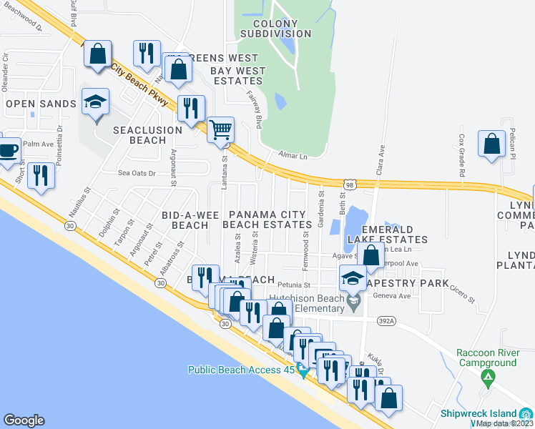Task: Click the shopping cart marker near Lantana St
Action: [x=221, y=130]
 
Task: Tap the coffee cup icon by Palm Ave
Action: [x=9, y=150]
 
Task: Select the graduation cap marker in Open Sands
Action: [x=95, y=103]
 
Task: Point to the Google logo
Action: [x=24, y=420]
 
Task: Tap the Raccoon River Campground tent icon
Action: [x=488, y=376]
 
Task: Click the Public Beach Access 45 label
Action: [x=242, y=370]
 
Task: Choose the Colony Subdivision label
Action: [x=275, y=28]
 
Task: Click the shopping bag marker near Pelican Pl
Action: [x=492, y=144]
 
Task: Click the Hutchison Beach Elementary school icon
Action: [x=353, y=305]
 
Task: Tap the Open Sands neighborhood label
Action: [x=41, y=104]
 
